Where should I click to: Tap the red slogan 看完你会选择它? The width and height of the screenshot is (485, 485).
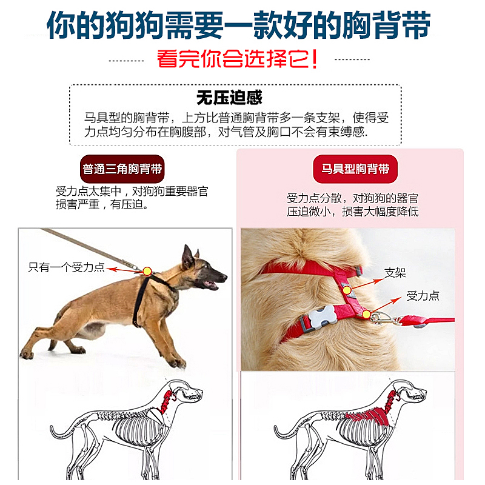(x=238, y=59)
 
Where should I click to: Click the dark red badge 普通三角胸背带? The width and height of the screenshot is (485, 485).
(x=122, y=169)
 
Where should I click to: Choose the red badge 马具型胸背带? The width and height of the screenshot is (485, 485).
(x=355, y=169)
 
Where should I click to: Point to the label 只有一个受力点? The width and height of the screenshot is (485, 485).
(x=67, y=267)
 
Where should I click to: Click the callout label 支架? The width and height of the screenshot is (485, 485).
(x=395, y=273)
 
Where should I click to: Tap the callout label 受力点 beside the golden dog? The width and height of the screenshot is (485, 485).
(x=423, y=296)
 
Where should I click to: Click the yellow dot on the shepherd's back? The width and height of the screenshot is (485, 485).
(x=146, y=270)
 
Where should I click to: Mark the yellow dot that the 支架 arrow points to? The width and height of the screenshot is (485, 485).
(x=347, y=290)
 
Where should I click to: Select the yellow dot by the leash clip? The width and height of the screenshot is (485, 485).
(x=367, y=313)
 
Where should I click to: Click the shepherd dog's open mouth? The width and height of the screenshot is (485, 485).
(x=212, y=283)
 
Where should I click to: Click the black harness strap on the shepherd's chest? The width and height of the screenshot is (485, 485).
(x=141, y=303)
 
